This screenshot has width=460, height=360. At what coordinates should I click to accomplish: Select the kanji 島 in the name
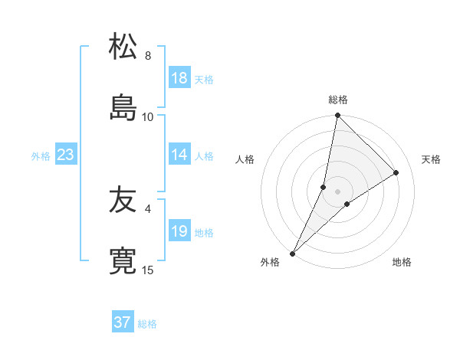123,106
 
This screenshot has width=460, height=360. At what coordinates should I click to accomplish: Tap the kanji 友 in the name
123,200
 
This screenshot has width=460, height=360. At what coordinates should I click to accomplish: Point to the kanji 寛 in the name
123,260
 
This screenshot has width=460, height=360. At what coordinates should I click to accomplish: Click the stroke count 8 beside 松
148,56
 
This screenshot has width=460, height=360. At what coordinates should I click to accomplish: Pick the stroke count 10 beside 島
148,116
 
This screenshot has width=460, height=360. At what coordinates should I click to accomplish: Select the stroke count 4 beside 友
148,208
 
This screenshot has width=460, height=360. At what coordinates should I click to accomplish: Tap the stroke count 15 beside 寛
148,270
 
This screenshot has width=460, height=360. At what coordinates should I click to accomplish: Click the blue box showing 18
179,78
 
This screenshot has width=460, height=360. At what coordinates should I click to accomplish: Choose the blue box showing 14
179,155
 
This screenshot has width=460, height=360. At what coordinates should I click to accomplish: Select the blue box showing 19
179,231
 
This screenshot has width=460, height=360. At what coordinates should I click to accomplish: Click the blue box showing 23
66,155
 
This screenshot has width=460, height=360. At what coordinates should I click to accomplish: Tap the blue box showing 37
123,322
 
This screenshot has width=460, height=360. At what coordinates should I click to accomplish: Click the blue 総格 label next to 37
147,324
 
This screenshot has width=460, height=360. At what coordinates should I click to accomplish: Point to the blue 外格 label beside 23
41,156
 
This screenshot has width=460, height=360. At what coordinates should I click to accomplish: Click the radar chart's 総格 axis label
338,100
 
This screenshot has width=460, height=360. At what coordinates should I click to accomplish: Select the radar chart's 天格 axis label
431,159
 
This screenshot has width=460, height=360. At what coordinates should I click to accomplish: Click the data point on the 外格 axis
292,254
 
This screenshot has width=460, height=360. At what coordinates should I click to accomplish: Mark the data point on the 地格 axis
347,204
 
